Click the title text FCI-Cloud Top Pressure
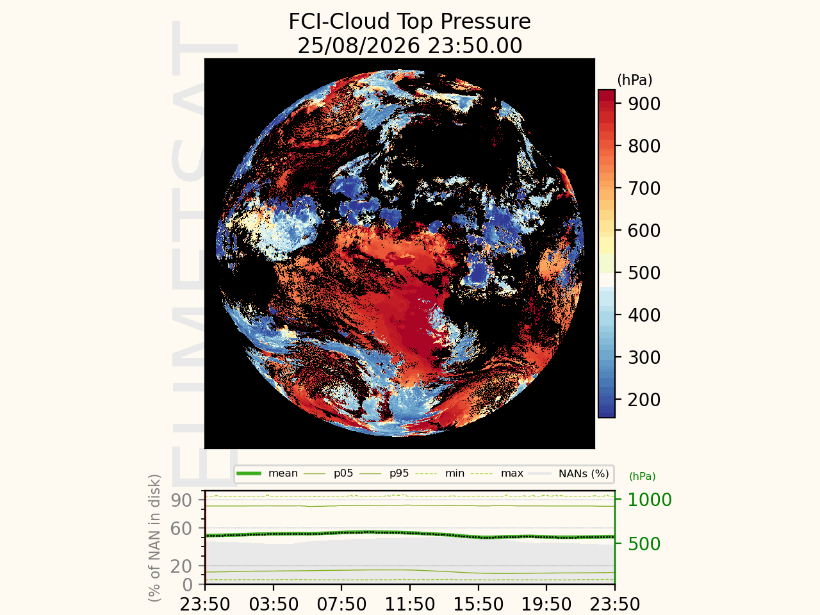point(409,21)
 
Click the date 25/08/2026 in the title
point(359,46)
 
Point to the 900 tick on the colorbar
point(644,104)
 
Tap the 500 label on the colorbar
point(644,273)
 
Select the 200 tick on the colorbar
point(644,400)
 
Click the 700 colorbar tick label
point(644,188)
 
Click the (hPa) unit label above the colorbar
point(635,80)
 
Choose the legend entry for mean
point(267,473)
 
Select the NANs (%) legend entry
point(569,474)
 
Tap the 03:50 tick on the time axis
point(274,604)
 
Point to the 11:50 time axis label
point(410,604)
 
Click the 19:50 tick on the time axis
point(546,604)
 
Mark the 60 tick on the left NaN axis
point(181,529)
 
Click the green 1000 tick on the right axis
point(650,500)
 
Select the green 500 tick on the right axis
point(644,544)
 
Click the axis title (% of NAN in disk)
point(154,537)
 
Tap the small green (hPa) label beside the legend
point(642,477)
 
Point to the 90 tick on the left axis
point(181,500)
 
